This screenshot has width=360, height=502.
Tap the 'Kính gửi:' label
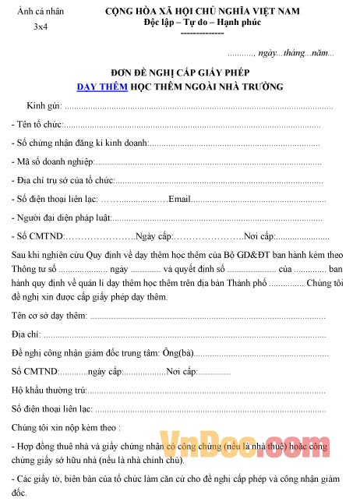click(x=44, y=105)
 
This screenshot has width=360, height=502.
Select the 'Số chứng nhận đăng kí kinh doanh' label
click(x=79, y=143)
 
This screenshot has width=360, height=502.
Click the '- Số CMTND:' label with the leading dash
click(x=36, y=236)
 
